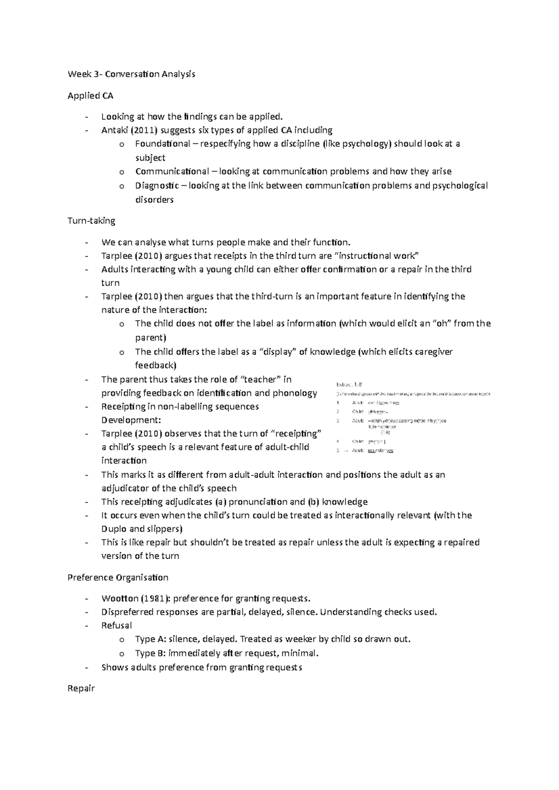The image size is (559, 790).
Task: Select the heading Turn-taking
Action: point(91,221)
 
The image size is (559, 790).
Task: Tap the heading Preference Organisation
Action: point(118,577)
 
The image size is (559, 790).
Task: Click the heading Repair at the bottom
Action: point(81,688)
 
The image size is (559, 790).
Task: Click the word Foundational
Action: point(163,144)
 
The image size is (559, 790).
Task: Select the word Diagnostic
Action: point(157,186)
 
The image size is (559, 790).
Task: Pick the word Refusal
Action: point(116,626)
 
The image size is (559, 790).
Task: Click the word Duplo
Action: point(114,529)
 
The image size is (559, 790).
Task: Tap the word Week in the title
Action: point(78,74)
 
